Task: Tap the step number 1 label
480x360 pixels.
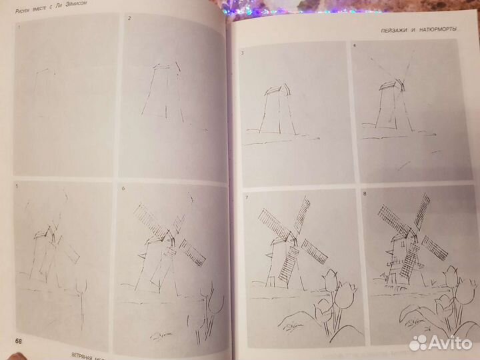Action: pos(19,27)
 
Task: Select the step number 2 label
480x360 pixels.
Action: pos(128,18)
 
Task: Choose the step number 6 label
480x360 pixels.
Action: pos(123,189)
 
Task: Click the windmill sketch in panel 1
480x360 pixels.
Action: pos(43,93)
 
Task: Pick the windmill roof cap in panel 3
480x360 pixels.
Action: pos(275,90)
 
